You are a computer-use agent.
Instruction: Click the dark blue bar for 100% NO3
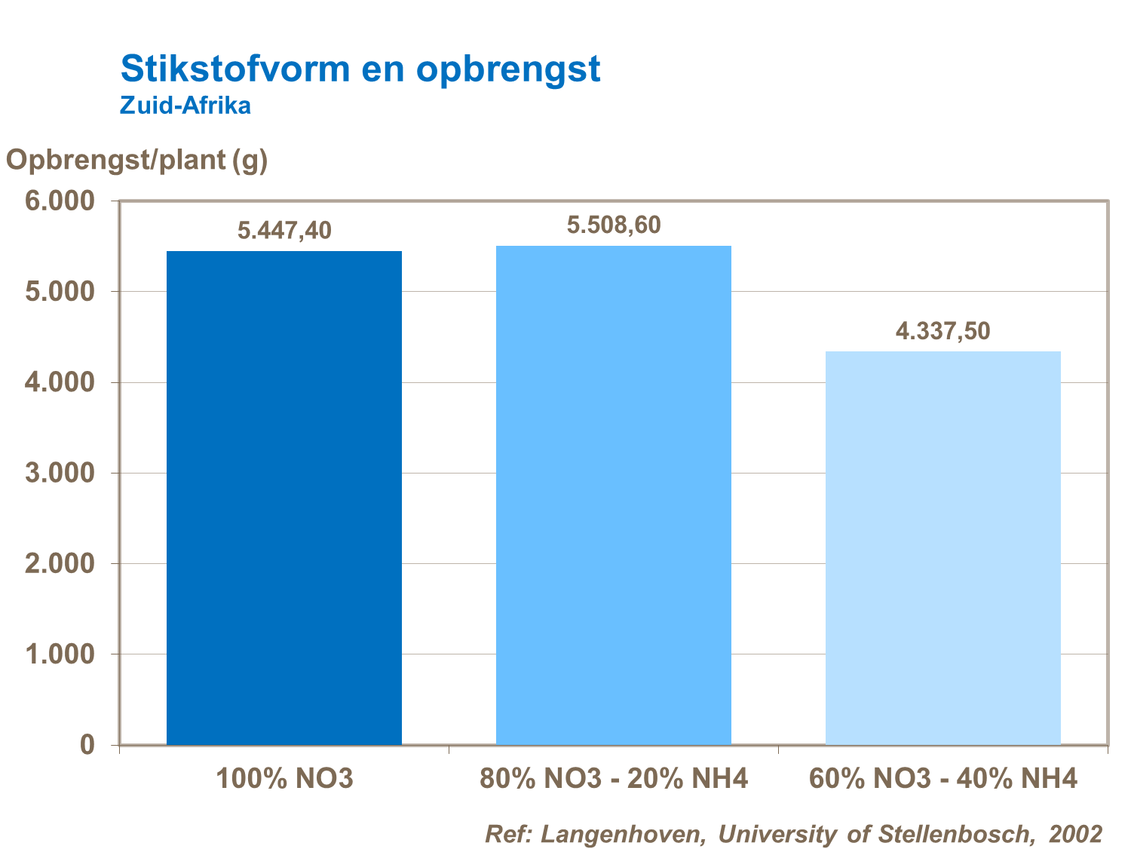point(284,498)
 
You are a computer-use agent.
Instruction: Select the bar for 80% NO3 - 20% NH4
point(614,495)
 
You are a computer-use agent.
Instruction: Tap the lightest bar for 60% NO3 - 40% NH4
point(942,548)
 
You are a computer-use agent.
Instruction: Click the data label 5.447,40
point(284,231)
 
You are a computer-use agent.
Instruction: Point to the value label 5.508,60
point(614,225)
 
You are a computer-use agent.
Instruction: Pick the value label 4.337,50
point(942,331)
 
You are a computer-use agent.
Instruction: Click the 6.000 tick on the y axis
point(60,201)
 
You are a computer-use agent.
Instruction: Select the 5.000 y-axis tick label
point(60,292)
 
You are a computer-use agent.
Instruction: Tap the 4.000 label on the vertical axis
point(60,382)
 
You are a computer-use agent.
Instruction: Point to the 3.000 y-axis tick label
point(60,473)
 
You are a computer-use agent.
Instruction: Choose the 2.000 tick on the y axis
point(60,563)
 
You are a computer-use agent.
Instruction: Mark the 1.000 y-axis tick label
point(60,654)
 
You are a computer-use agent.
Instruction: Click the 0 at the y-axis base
point(87,745)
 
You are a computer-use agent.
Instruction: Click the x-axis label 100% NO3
point(284,778)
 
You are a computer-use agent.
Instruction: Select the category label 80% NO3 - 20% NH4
point(614,778)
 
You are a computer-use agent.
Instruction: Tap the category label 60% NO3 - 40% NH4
point(942,778)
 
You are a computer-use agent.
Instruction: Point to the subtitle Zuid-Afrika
point(185,106)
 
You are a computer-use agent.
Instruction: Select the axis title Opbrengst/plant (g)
point(137,160)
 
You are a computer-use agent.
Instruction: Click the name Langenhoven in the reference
point(623,834)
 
